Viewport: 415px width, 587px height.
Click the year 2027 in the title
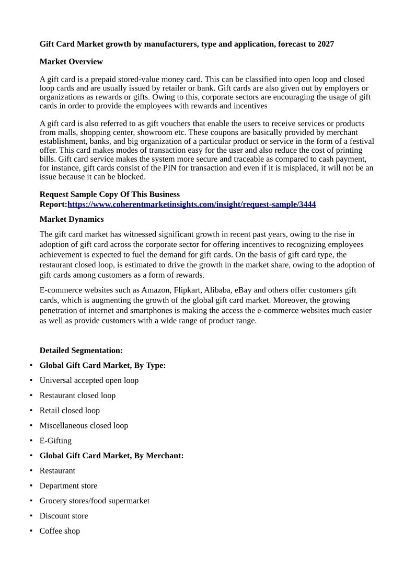pyautogui.click(x=325, y=44)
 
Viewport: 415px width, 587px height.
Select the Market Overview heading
pyautogui.click(x=71, y=62)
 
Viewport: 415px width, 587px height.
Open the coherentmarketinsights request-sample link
pyautogui.click(x=191, y=204)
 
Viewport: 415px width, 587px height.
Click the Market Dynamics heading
pyautogui.click(x=72, y=219)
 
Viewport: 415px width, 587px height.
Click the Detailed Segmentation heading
pyautogui.click(x=81, y=351)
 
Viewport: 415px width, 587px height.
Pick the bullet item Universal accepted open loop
pyautogui.click(x=89, y=380)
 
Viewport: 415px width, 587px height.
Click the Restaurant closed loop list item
pyautogui.click(x=77, y=396)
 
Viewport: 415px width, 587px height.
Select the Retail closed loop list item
pyautogui.click(x=70, y=411)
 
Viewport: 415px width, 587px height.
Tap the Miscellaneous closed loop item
pyautogui.click(x=84, y=426)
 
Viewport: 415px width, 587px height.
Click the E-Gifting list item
pyautogui.click(x=55, y=441)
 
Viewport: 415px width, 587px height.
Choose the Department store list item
pyautogui.click(x=68, y=486)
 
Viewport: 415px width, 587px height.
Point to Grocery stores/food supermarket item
pyautogui.click(x=95, y=501)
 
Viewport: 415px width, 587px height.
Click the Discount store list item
pyautogui.click(x=64, y=516)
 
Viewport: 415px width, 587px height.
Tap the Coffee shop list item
pyautogui.click(x=60, y=531)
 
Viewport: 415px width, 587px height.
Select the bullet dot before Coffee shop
pyautogui.click(x=31, y=531)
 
